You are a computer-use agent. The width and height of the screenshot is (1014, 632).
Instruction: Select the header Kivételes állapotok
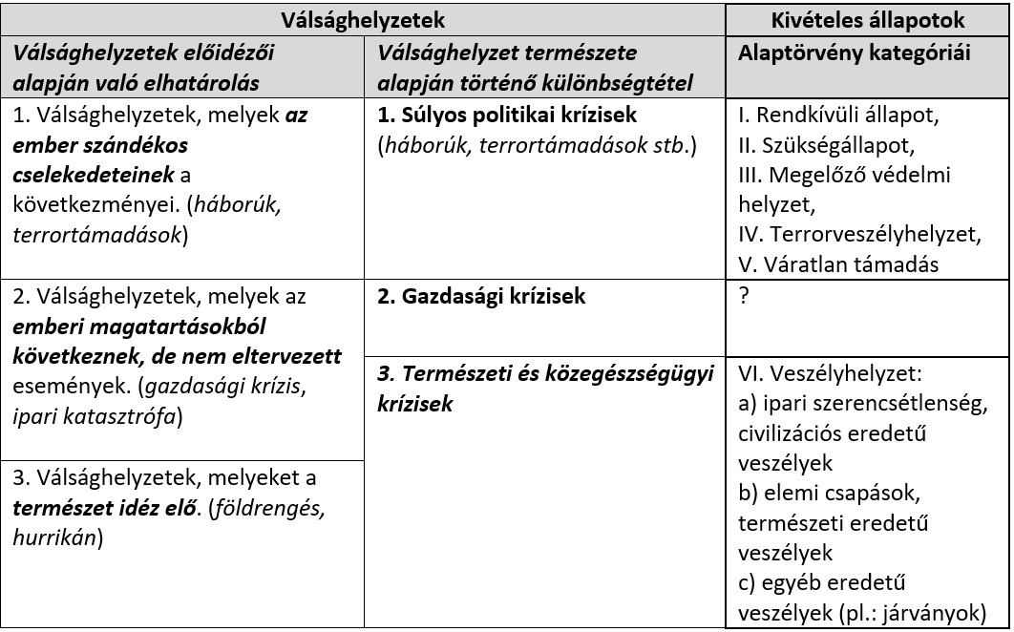[x=868, y=20]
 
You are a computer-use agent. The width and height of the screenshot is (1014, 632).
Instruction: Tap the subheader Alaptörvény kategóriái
[x=855, y=53]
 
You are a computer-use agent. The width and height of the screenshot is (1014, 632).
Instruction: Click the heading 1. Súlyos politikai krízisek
[x=507, y=116]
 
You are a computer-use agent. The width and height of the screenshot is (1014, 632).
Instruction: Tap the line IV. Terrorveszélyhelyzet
[x=859, y=234]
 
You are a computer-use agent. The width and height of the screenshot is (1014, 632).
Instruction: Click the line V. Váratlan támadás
[x=833, y=263]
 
